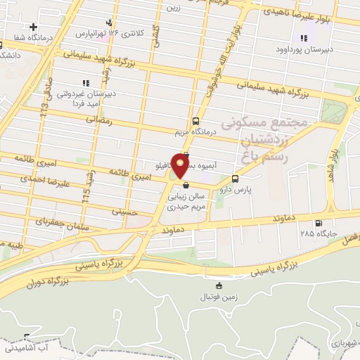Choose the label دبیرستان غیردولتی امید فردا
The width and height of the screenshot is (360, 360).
84,98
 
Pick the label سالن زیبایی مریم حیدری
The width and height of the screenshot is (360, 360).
185,202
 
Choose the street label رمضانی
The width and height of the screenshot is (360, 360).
98,120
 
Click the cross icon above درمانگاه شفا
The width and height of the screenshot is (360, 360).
32,27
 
